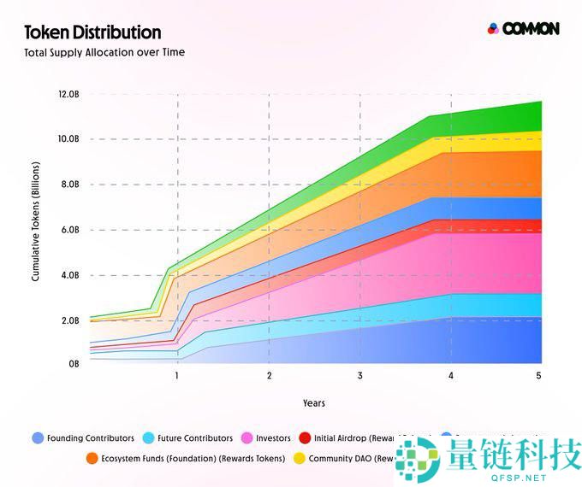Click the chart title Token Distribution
tap(92, 32)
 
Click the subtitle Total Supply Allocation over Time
tap(104, 52)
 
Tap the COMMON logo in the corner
tap(523, 28)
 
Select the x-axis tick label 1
tap(177, 376)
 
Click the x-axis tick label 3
tap(359, 376)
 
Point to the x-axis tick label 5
tap(538, 376)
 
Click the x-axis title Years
tap(313, 402)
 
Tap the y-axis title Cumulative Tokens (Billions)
tap(35, 228)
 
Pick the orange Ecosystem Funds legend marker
tap(91, 459)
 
